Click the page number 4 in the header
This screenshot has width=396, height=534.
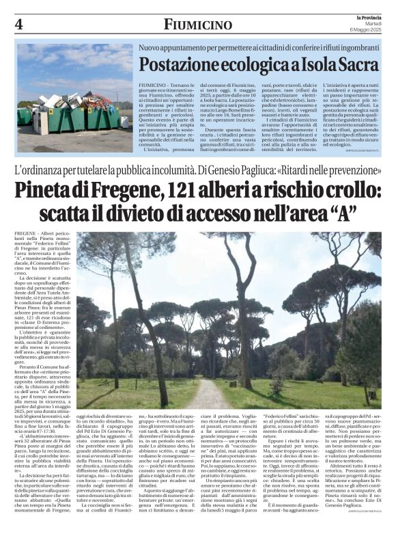pos(19,25)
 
